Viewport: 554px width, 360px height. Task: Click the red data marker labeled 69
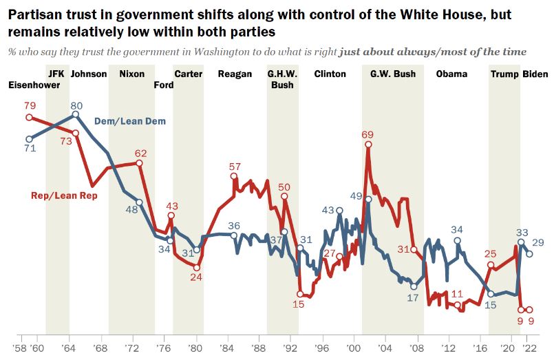[368, 144]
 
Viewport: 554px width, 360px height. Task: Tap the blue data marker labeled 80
[75, 114]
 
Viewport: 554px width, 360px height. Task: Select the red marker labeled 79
[30, 117]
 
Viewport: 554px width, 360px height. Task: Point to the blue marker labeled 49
[368, 199]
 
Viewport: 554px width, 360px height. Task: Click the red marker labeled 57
[233, 176]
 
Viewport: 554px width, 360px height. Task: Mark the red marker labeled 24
[197, 268]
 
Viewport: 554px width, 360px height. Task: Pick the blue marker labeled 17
[414, 286]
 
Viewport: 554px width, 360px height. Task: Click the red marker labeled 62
[139, 163]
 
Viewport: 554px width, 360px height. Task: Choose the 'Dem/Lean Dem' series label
[129, 122]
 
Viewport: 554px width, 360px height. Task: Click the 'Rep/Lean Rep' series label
[64, 195]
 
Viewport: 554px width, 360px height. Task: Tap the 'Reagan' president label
[235, 74]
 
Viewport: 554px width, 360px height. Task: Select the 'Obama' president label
[451, 74]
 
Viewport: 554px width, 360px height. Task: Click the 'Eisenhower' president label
[34, 85]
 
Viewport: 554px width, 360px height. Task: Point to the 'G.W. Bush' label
[393, 74]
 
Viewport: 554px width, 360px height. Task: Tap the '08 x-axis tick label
[416, 348]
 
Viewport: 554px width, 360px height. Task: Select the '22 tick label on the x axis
[529, 348]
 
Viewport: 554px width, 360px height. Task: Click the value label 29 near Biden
[538, 243]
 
